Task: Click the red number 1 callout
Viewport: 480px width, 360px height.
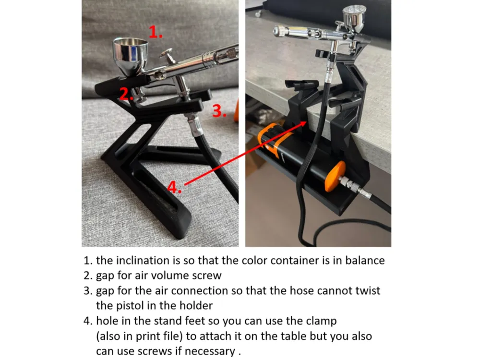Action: click(x=155, y=32)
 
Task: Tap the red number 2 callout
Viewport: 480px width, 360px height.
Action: click(x=126, y=94)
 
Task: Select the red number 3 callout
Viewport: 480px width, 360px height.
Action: click(x=219, y=110)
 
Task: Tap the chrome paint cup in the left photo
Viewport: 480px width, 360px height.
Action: click(x=131, y=56)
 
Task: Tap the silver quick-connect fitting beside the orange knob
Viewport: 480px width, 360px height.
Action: click(x=355, y=186)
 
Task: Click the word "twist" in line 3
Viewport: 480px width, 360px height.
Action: click(x=368, y=290)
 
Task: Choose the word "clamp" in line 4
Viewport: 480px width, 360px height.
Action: click(x=321, y=321)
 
